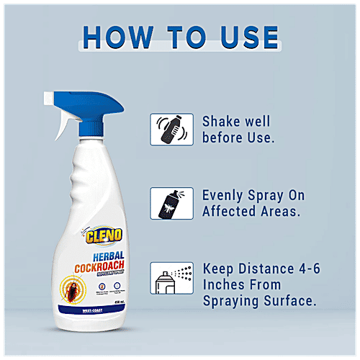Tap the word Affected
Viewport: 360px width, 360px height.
(233, 212)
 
